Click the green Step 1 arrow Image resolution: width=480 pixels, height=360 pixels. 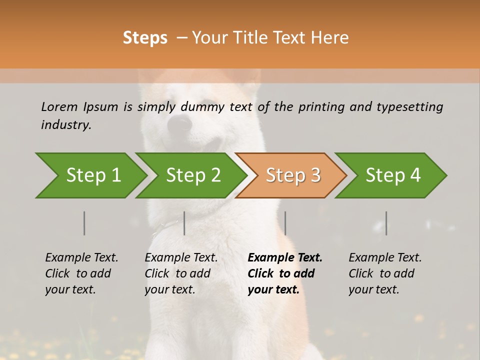point(93,175)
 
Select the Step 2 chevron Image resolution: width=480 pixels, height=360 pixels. point(193,175)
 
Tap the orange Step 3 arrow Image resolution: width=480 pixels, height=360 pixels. point(293,175)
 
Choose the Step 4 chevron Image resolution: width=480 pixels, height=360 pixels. point(393,175)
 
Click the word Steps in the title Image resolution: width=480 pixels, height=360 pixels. point(145,38)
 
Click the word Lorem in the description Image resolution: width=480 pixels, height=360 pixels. point(59,106)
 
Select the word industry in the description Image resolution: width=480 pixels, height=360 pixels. point(66,124)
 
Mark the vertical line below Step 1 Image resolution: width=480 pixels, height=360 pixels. point(84,223)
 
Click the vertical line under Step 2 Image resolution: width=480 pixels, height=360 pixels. point(184,223)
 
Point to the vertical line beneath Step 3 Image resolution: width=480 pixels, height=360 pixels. point(285,223)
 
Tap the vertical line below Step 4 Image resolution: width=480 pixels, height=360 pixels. point(386,223)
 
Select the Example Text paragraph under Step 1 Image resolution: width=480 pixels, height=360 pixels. point(81,273)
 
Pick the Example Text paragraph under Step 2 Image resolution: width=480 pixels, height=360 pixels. point(181,273)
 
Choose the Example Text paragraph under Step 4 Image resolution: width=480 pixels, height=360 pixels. point(385,273)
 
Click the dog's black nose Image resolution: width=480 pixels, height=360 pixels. point(179,123)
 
